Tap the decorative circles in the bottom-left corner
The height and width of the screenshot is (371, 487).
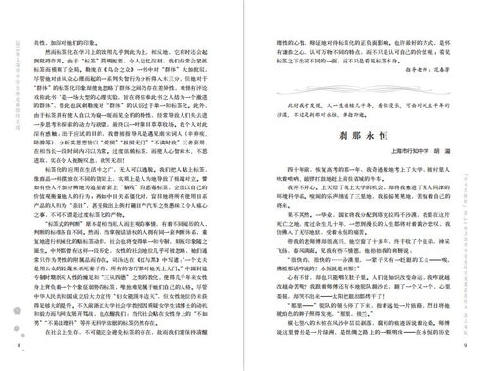pyautogui.click(x=20, y=312)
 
